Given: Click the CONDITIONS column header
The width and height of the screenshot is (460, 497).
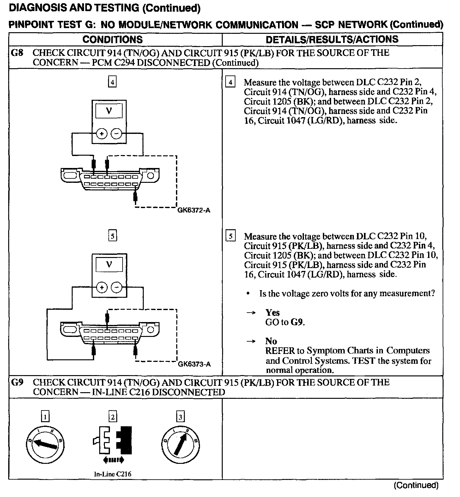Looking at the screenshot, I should (112, 39).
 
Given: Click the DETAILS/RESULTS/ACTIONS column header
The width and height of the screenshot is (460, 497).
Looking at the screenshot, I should (332, 39).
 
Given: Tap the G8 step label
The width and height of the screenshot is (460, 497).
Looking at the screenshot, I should (17, 53).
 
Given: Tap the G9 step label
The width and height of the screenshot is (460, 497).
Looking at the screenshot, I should (17, 382).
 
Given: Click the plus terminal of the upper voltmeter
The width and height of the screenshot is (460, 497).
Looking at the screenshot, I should (102, 134).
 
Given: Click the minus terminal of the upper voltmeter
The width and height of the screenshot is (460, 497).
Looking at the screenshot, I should (117, 134).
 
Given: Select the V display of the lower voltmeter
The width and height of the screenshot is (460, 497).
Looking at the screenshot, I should (109, 265).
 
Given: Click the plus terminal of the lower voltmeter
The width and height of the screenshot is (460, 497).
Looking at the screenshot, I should (102, 288).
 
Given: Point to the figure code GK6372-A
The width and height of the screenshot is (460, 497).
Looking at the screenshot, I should (194, 210).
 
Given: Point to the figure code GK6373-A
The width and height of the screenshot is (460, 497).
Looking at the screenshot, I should (194, 364).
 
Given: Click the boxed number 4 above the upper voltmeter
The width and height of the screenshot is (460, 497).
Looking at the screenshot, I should (112, 82).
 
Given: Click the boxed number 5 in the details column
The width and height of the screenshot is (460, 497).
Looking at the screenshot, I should (231, 236).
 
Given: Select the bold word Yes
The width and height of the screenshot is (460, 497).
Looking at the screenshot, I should (272, 313).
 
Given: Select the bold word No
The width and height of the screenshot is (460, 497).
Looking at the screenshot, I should (271, 341).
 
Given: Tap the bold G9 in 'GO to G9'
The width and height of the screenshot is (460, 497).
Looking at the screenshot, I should (297, 322).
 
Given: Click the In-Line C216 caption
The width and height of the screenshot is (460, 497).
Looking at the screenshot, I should (112, 474).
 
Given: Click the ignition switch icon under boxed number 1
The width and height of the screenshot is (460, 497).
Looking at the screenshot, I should (45, 444).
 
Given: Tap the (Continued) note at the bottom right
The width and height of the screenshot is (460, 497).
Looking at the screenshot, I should (416, 485).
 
